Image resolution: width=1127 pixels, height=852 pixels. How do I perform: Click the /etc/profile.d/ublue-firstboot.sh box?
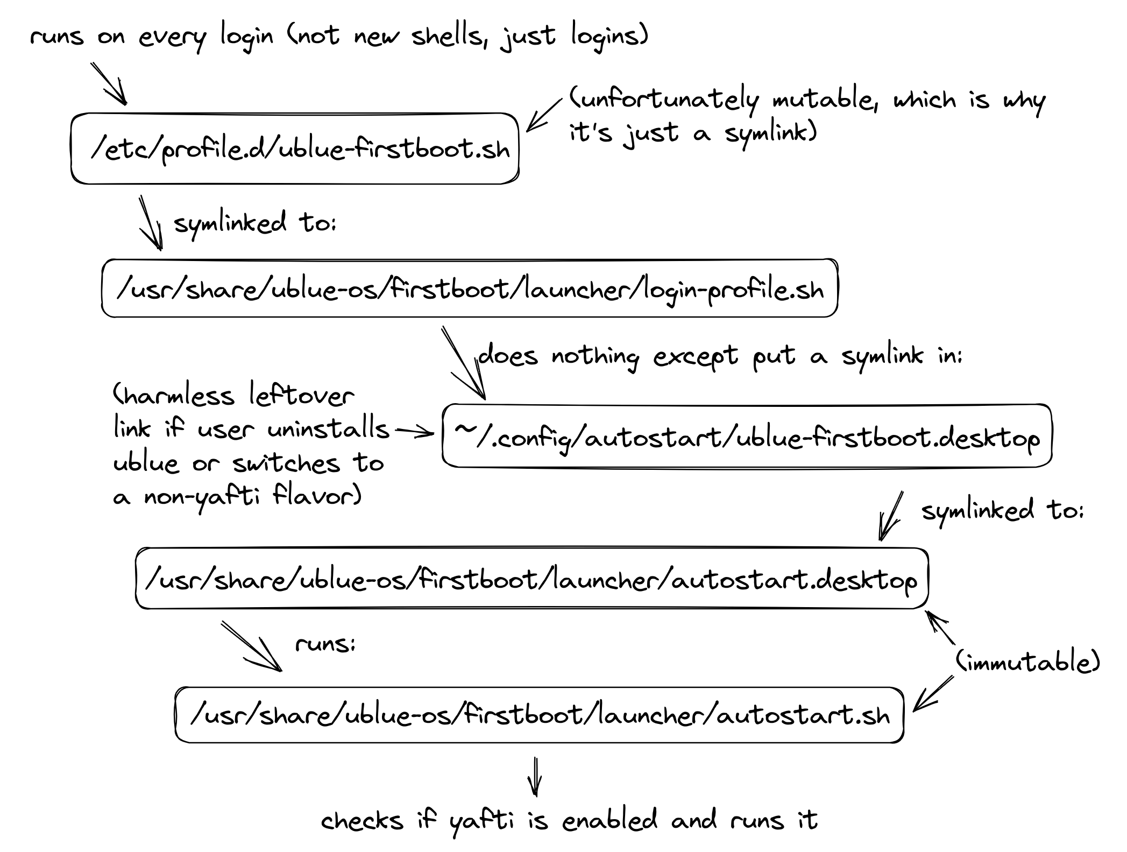[x=295, y=149]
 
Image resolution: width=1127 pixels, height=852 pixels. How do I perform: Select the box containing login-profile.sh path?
[x=470, y=288]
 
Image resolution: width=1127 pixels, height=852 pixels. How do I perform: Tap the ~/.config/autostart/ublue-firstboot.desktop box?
[x=747, y=436]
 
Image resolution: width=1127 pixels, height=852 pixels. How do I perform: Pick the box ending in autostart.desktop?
[x=531, y=579]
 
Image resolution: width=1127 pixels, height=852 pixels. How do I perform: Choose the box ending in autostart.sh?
[x=539, y=715]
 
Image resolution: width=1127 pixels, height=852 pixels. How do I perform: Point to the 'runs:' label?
[x=325, y=644]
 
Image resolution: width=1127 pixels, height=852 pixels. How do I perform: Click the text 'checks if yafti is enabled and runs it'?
[x=569, y=821]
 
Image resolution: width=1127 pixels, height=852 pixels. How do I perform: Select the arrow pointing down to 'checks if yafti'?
[x=535, y=777]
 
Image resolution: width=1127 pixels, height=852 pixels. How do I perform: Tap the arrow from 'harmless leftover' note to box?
[x=414, y=432]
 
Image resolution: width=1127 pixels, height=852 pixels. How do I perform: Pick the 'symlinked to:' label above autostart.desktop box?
[x=1002, y=510]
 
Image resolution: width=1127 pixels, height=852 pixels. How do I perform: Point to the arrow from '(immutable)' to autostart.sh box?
[x=933, y=694]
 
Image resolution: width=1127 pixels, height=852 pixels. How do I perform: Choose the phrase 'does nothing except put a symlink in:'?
[x=720, y=356]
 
